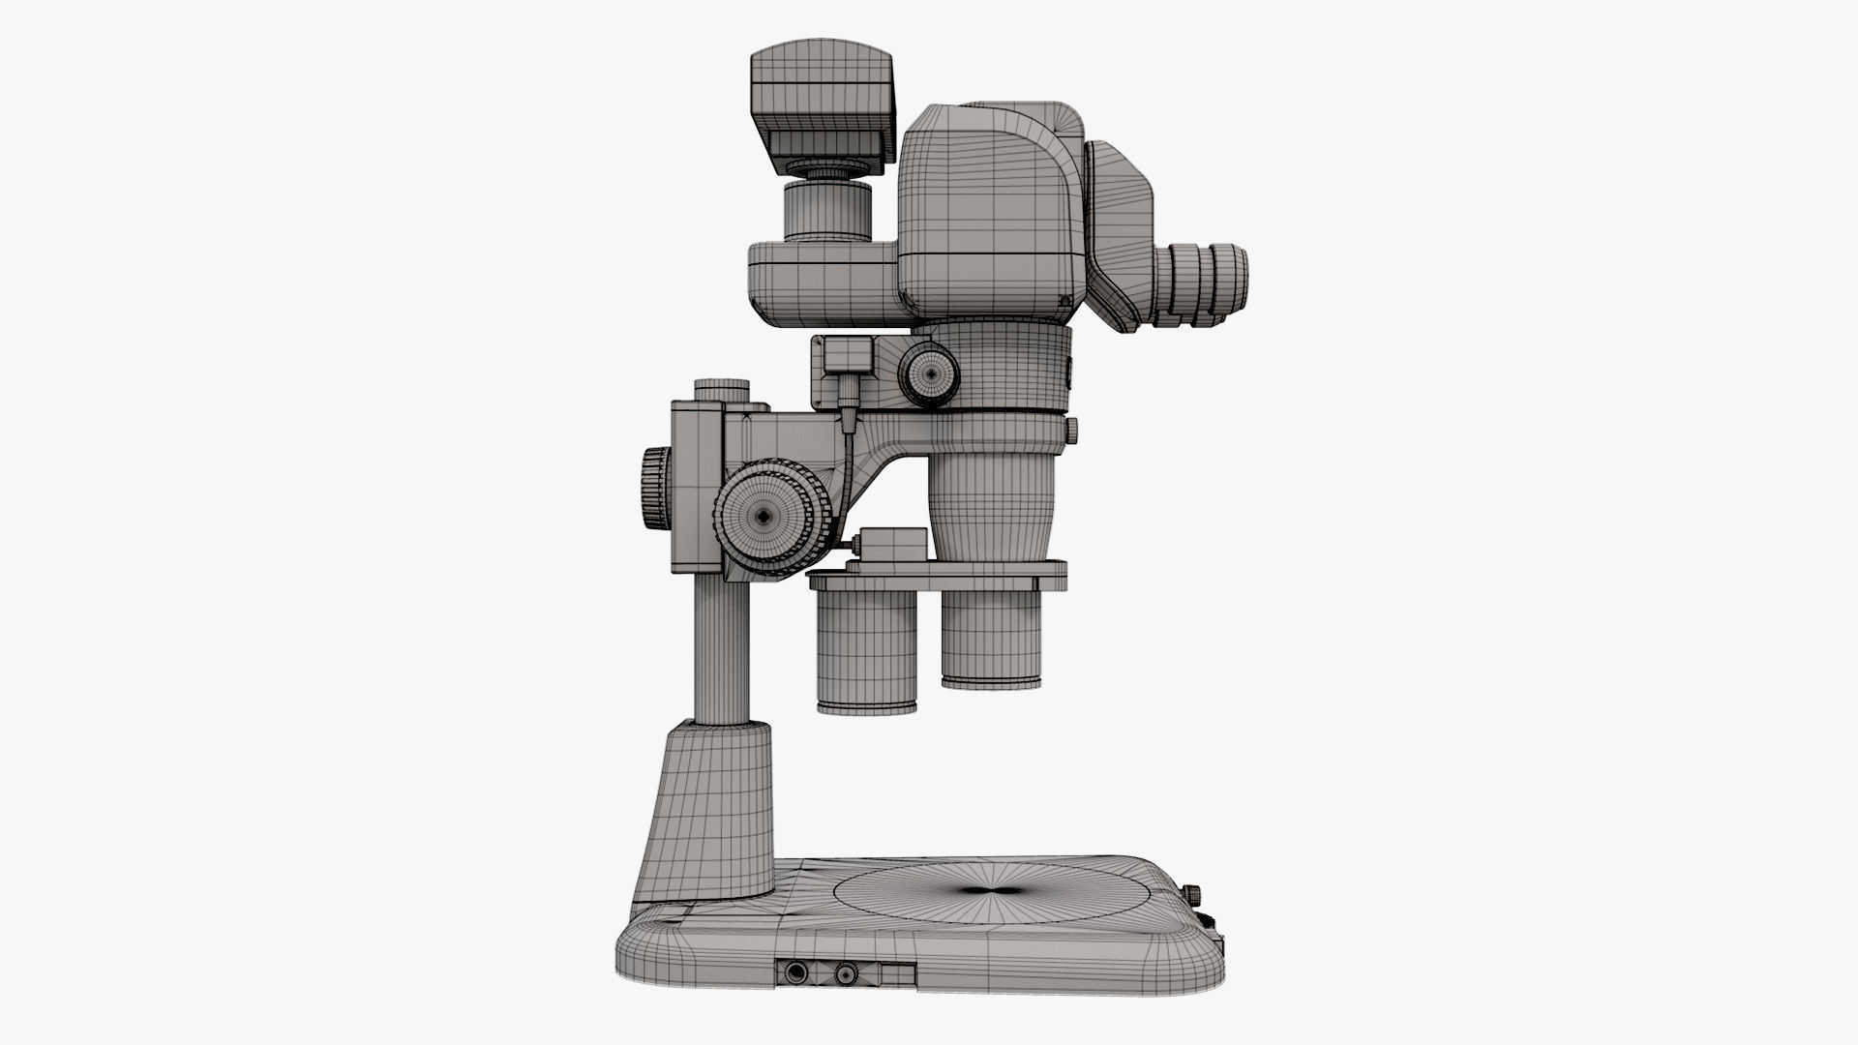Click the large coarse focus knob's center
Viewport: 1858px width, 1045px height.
[x=764, y=517]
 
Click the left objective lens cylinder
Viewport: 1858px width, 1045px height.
[x=867, y=653]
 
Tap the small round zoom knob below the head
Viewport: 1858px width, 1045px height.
[x=931, y=372]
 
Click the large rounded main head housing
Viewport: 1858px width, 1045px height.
[x=987, y=213]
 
